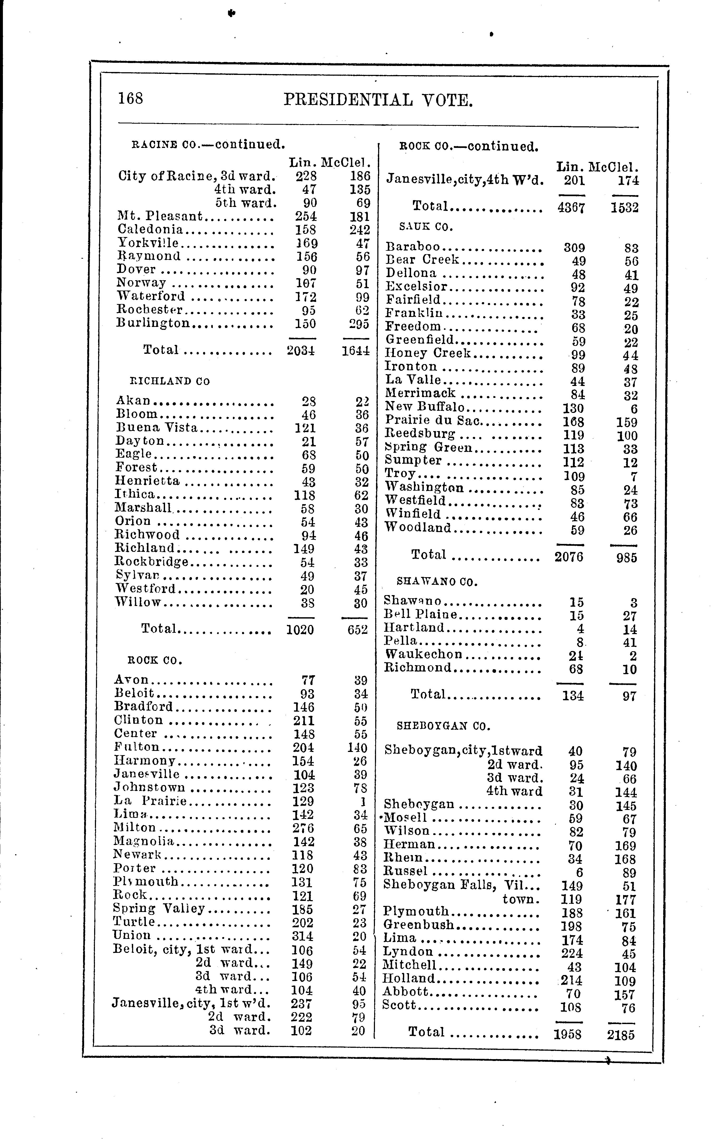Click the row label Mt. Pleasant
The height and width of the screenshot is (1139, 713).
pyautogui.click(x=159, y=216)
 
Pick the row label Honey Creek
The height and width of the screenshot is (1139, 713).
pyautogui.click(x=428, y=353)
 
